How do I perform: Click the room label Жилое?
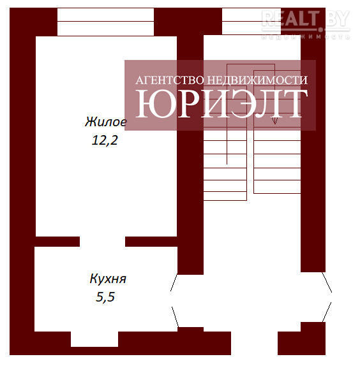(106, 122)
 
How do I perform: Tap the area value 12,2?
(105, 140)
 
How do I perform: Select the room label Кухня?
(108, 279)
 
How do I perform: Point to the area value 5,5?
(105, 296)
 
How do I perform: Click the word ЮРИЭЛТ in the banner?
(221, 103)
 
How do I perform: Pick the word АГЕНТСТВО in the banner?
(170, 80)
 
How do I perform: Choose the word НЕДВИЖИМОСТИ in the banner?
(257, 80)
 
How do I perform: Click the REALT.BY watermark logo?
(306, 24)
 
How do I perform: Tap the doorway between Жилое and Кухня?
(102, 242)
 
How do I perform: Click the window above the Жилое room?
(105, 22)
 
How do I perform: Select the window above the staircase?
(251, 22)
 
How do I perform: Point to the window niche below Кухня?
(94, 339)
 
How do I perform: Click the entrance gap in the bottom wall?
(254, 343)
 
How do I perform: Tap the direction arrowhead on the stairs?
(274, 120)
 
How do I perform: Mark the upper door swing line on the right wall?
(327, 282)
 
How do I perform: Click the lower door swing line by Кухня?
(175, 317)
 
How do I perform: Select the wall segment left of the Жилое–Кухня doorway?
(57, 242)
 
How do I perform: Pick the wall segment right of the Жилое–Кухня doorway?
(151, 242)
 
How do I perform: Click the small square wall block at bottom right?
(313, 327)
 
